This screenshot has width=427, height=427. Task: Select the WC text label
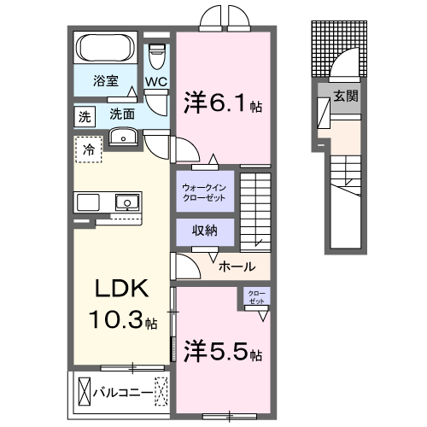(x=155, y=82)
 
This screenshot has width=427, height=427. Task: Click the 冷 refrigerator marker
(x=88, y=149)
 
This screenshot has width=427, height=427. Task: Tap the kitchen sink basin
(x=126, y=202)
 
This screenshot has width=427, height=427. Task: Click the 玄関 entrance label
(x=345, y=97)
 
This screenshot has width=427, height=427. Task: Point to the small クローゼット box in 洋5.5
(x=255, y=298)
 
